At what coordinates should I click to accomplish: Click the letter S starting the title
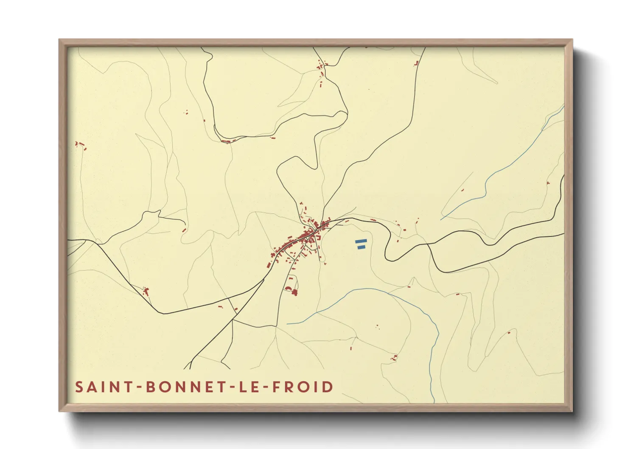79,387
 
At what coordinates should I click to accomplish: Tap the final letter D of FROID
328,387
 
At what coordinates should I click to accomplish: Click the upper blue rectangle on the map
361,241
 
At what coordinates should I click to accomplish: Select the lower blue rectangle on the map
361,247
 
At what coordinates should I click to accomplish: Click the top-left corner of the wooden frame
59,40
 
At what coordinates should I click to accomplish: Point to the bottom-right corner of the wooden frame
572,411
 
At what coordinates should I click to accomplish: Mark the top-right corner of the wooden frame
572,40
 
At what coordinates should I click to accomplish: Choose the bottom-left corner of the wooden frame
59,411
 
